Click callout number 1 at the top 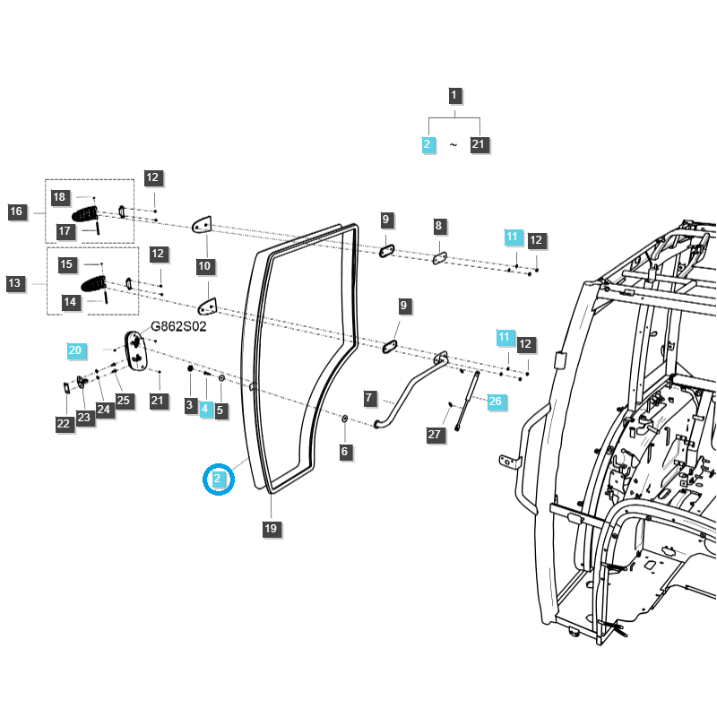point(454,95)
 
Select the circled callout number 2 point(218,479)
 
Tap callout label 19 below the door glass point(271,529)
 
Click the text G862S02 point(178,326)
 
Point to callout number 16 point(16,212)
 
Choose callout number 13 point(15,283)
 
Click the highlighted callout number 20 point(75,350)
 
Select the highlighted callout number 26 point(495,402)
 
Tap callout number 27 point(436,435)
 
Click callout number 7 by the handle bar point(368,397)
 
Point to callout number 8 point(438,226)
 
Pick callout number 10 point(204,266)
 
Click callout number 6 point(344,453)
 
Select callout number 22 point(64,424)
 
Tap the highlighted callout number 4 point(204,409)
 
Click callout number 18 point(60,197)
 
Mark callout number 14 point(69,303)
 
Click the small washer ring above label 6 point(345,419)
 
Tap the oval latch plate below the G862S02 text point(137,349)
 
